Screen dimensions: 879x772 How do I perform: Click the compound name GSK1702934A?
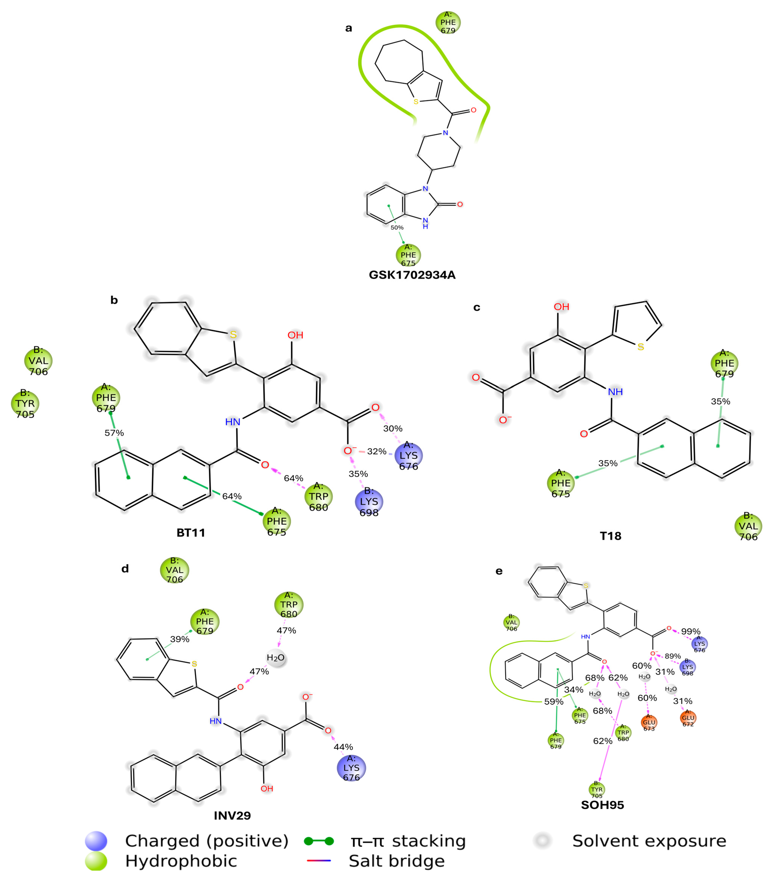click(x=412, y=275)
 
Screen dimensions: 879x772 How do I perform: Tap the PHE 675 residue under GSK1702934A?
click(x=408, y=255)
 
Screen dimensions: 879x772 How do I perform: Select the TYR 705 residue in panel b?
click(x=25, y=403)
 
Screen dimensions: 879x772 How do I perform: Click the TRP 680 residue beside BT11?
click(x=318, y=497)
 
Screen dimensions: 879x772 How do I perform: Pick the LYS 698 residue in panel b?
click(x=369, y=501)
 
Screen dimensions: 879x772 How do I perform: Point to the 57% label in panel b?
click(x=114, y=433)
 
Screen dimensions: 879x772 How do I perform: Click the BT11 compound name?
click(x=191, y=532)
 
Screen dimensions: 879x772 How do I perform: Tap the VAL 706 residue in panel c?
click(x=748, y=526)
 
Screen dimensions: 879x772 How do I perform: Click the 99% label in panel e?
click(x=690, y=631)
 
